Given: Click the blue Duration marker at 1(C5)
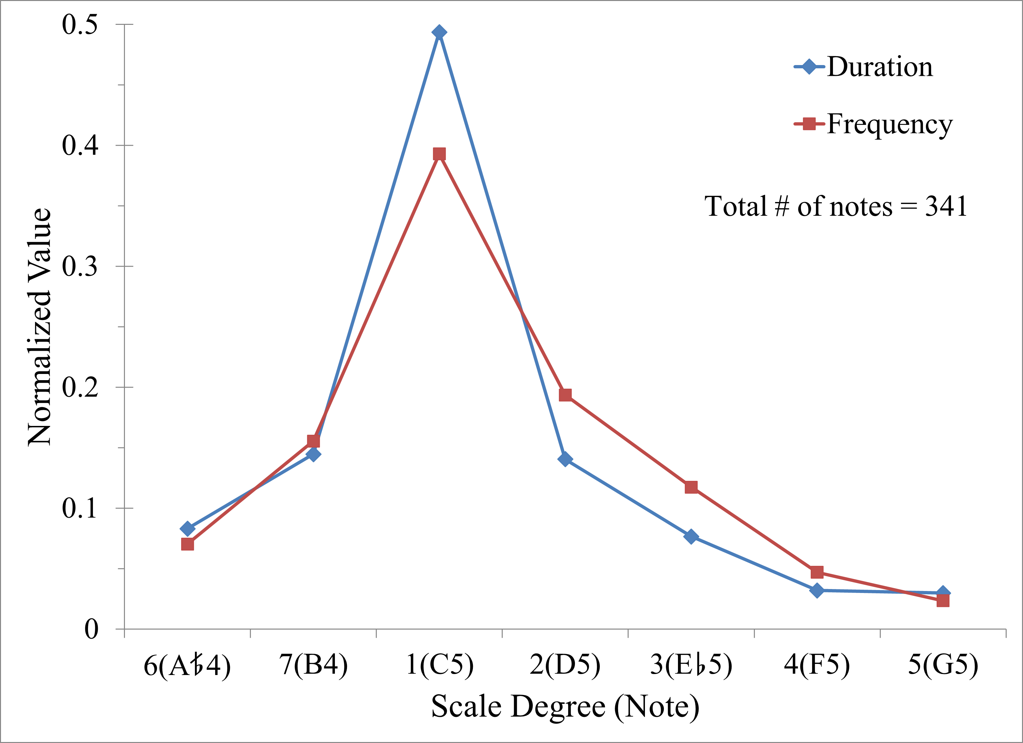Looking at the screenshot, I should pos(439,32).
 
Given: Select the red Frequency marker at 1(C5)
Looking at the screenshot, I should pos(439,154).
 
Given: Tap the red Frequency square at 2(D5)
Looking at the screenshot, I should pos(565,395).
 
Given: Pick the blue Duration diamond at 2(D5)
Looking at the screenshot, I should pos(565,459).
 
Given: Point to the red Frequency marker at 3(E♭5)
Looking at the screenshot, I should pos(691,487).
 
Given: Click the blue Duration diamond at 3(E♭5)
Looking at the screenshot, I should pos(691,536).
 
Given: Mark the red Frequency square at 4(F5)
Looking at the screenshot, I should pos(817,573).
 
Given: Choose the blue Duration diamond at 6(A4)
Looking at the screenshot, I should pos(187,528).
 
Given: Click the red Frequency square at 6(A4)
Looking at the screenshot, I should pos(187,545).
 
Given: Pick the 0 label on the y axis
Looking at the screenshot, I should pos(91,629).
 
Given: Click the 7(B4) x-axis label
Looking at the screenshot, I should pos(314,665).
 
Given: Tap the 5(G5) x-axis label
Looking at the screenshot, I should pos(943,665).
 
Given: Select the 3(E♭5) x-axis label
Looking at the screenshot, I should pos(691,665).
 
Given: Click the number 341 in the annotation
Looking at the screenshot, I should pos(946,207).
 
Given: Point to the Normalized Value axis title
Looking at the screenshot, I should pos(40,327).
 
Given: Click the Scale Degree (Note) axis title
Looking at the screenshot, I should pos(565,706).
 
